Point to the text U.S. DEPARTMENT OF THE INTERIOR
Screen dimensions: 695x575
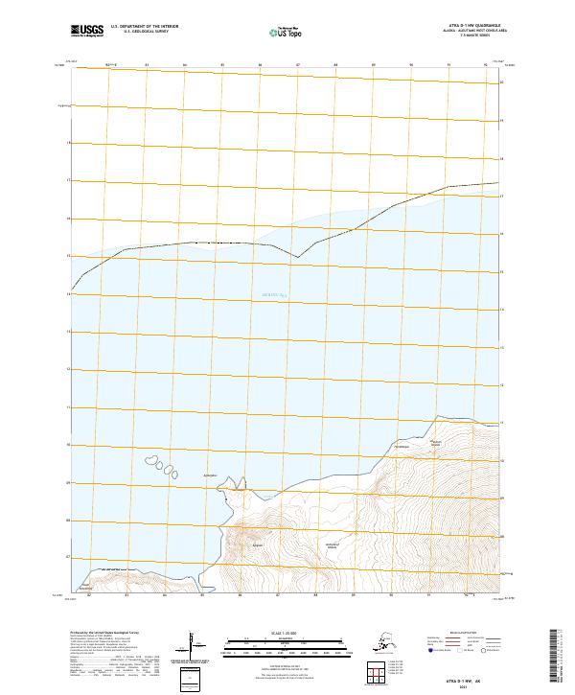143,26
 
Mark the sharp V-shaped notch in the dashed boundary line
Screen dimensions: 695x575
297,257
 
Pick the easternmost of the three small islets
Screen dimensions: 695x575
177,471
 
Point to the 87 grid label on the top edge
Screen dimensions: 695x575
298,66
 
